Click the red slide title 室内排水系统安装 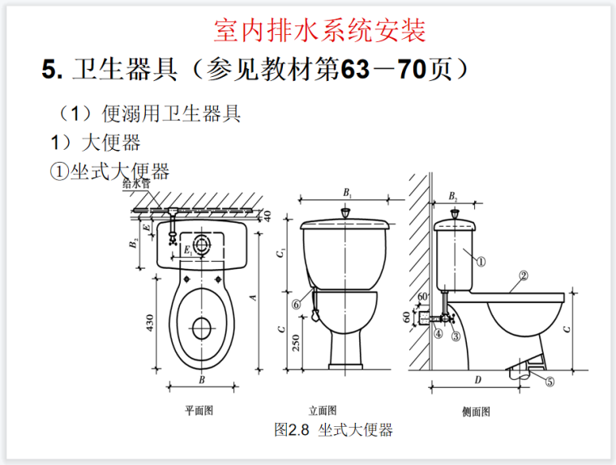click(x=320, y=31)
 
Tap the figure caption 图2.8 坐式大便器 click(x=333, y=430)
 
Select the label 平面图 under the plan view click(x=199, y=411)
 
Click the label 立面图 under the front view click(x=322, y=411)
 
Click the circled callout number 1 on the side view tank click(x=479, y=262)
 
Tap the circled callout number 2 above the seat click(x=523, y=275)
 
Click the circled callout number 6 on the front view click(x=297, y=304)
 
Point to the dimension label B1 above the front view click(x=347, y=193)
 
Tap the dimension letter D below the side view click(x=477, y=380)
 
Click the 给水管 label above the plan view click(x=136, y=185)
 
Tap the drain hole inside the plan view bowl click(x=202, y=328)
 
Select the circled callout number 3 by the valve click(x=456, y=335)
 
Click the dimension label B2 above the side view click(x=453, y=197)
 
